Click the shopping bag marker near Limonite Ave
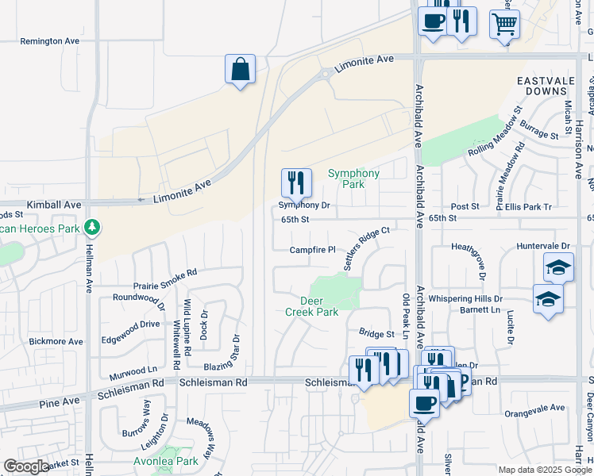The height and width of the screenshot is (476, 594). coord(240,70)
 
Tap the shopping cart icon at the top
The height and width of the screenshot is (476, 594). coord(504,24)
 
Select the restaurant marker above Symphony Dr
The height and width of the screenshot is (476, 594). coord(295,183)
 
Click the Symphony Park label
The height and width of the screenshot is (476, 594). coord(353,178)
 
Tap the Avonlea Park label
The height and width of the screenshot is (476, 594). coord(166,461)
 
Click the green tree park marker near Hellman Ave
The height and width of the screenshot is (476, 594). coord(93,228)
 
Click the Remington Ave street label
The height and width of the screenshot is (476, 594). coord(50,40)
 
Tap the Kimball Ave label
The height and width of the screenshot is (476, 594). coord(54,205)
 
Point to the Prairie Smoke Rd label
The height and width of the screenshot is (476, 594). coord(165,278)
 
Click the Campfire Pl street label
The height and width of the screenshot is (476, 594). coord(312,250)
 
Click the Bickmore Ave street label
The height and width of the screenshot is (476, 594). coord(56,342)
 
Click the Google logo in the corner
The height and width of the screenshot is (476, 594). coord(25,466)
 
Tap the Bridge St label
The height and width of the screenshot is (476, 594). coord(376,334)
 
